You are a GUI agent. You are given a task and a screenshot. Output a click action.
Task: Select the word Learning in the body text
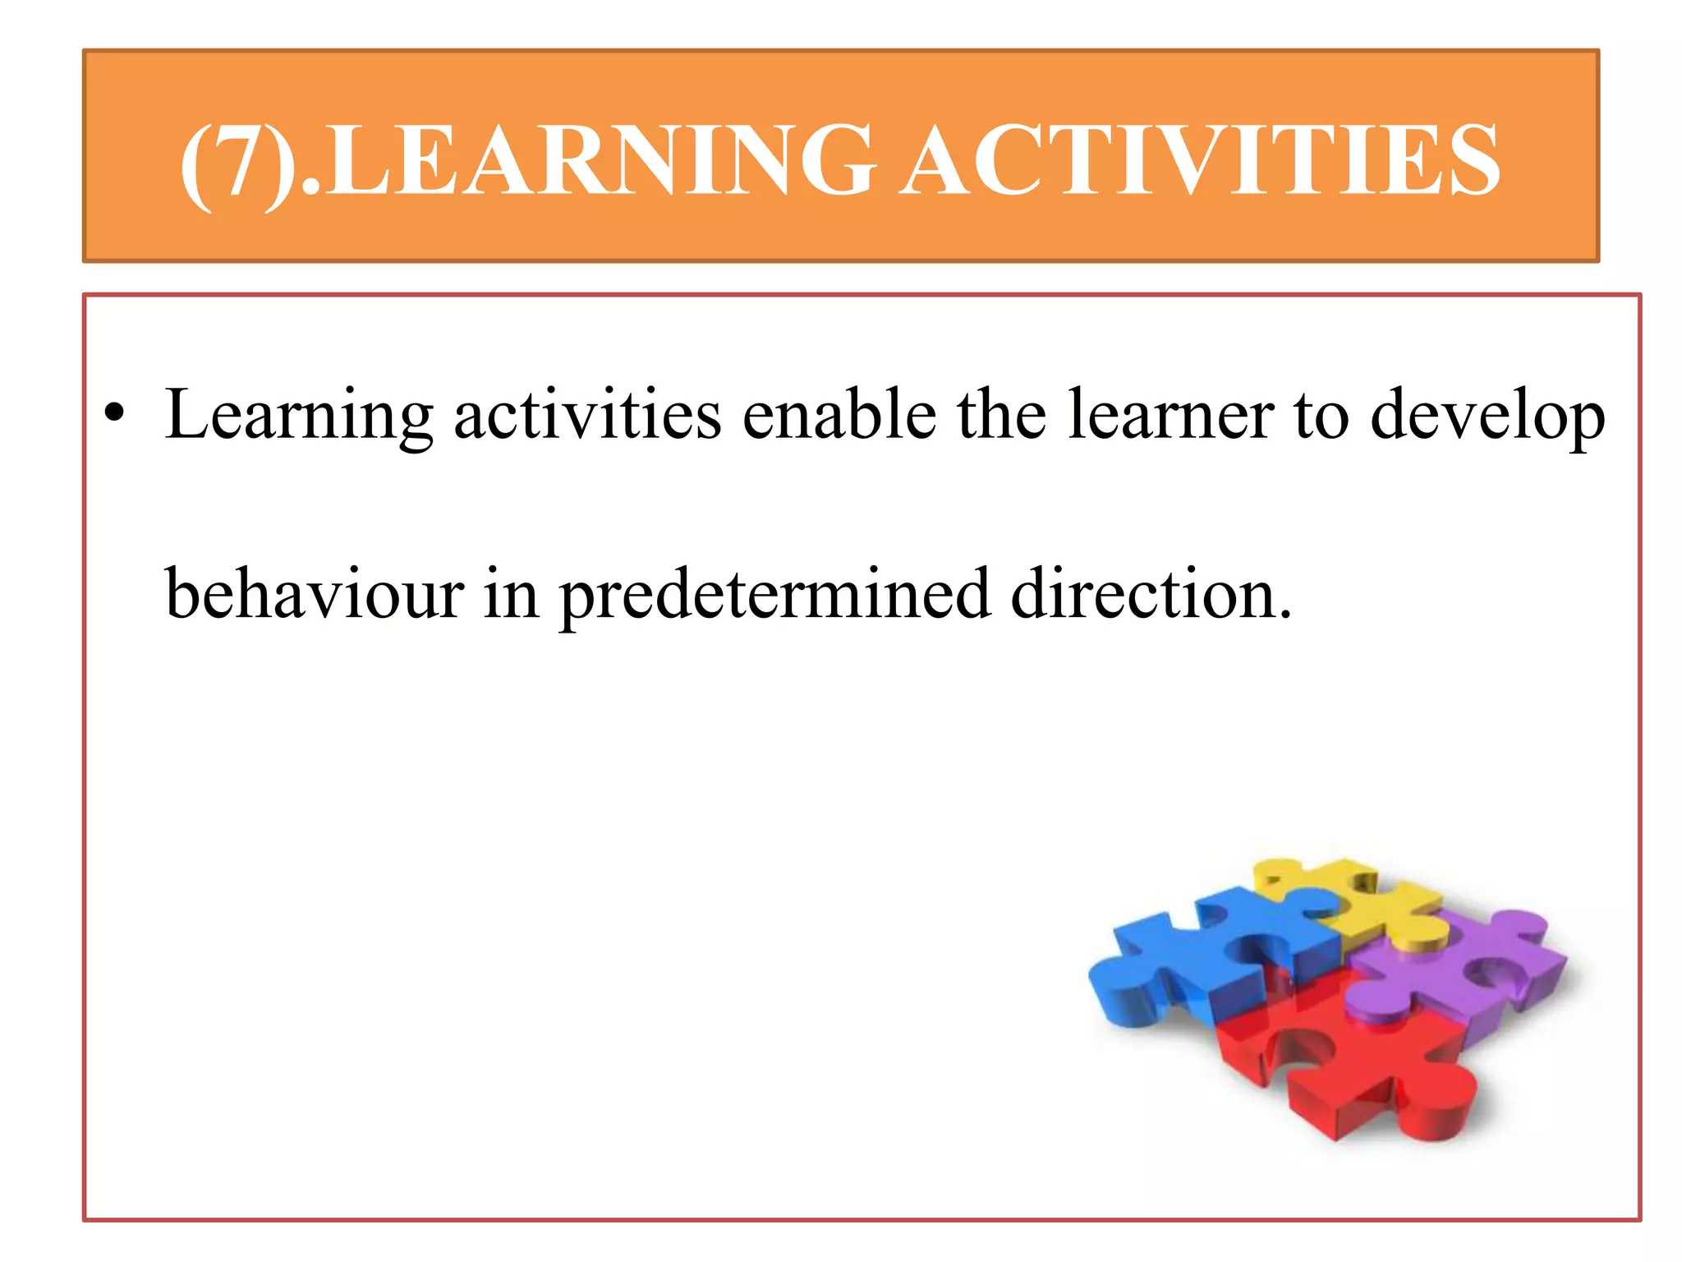(299, 416)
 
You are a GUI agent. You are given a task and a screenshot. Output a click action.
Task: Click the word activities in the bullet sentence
(587, 414)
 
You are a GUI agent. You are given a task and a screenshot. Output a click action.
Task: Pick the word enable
(839, 414)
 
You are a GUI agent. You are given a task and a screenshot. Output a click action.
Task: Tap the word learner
(1171, 414)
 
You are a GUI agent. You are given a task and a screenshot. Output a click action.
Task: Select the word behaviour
(315, 593)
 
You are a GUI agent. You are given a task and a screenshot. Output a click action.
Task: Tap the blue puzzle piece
(1191, 961)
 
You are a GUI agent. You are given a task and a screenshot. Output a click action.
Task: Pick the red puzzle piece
(1347, 1060)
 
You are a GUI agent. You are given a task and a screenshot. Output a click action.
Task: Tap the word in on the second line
(510, 593)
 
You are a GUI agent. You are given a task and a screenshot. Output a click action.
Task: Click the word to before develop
(1321, 416)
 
